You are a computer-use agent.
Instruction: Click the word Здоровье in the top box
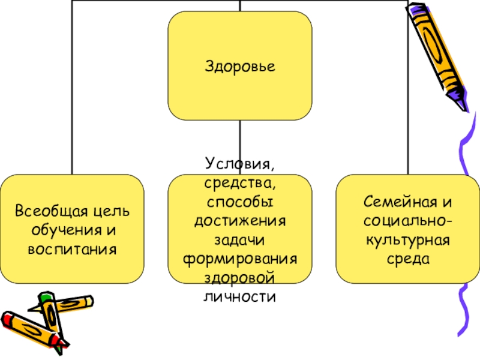pyautogui.click(x=240, y=65)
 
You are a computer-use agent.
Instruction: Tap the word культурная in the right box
pyautogui.click(x=407, y=241)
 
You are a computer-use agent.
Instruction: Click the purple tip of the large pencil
pyautogui.click(x=461, y=99)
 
